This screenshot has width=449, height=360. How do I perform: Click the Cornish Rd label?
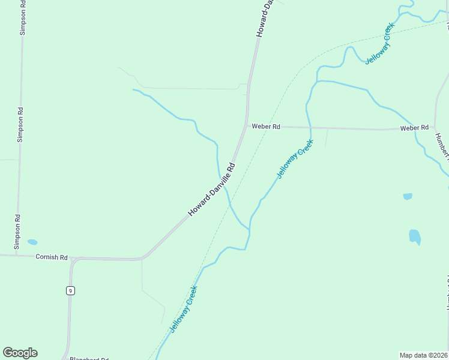[51, 257]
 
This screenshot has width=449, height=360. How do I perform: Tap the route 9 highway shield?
[70, 291]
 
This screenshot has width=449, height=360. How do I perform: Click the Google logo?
[20, 353]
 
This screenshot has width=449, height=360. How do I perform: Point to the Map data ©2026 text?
[424, 355]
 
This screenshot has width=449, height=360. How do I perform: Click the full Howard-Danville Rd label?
[212, 190]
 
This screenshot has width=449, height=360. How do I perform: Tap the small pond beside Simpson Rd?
[32, 242]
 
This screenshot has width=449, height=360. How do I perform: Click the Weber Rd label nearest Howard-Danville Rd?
[266, 127]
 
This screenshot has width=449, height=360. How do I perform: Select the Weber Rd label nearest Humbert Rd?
[414, 128]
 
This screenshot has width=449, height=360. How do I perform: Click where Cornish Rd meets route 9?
[72, 259]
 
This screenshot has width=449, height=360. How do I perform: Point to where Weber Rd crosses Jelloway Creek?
[310, 128]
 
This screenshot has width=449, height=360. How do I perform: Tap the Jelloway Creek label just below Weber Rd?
[295, 159]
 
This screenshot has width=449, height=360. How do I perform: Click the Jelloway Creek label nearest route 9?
[184, 309]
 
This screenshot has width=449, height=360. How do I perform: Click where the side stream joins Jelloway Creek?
[249, 229]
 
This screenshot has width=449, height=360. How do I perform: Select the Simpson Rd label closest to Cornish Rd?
[18, 232]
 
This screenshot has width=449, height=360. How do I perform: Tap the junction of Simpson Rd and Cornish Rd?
[17, 255]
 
